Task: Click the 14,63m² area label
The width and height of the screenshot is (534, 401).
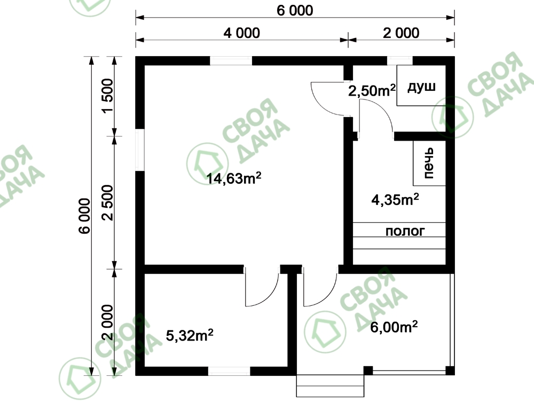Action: [x=234, y=179]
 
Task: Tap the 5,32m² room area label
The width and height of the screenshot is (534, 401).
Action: [x=190, y=336]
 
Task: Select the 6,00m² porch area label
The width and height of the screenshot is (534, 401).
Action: [x=394, y=327]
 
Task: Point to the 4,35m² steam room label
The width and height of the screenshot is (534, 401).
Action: [x=395, y=200]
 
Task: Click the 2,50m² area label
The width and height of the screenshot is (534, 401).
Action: [x=372, y=91]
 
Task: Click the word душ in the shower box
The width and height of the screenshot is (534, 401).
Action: [x=421, y=87]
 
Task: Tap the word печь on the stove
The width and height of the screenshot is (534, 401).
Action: [x=428, y=163]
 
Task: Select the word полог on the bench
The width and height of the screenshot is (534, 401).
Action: [x=405, y=231]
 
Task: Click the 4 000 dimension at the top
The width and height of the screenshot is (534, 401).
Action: [x=242, y=33]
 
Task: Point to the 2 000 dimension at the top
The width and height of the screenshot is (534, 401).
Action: [x=401, y=33]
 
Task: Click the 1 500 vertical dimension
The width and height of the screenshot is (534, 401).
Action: [x=108, y=96]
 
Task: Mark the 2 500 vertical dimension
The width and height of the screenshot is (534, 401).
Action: [x=108, y=203]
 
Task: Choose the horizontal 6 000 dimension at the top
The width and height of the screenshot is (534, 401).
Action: [x=295, y=11]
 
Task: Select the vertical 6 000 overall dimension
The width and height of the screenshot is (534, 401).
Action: [x=84, y=216]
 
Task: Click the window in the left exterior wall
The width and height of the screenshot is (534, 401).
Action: [x=140, y=150]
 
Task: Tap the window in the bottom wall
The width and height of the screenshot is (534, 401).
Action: [x=229, y=371]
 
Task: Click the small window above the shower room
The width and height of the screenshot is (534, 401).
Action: [x=400, y=61]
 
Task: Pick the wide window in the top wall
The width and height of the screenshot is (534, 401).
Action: [x=231, y=61]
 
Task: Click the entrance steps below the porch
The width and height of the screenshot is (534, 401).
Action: [x=330, y=385]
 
